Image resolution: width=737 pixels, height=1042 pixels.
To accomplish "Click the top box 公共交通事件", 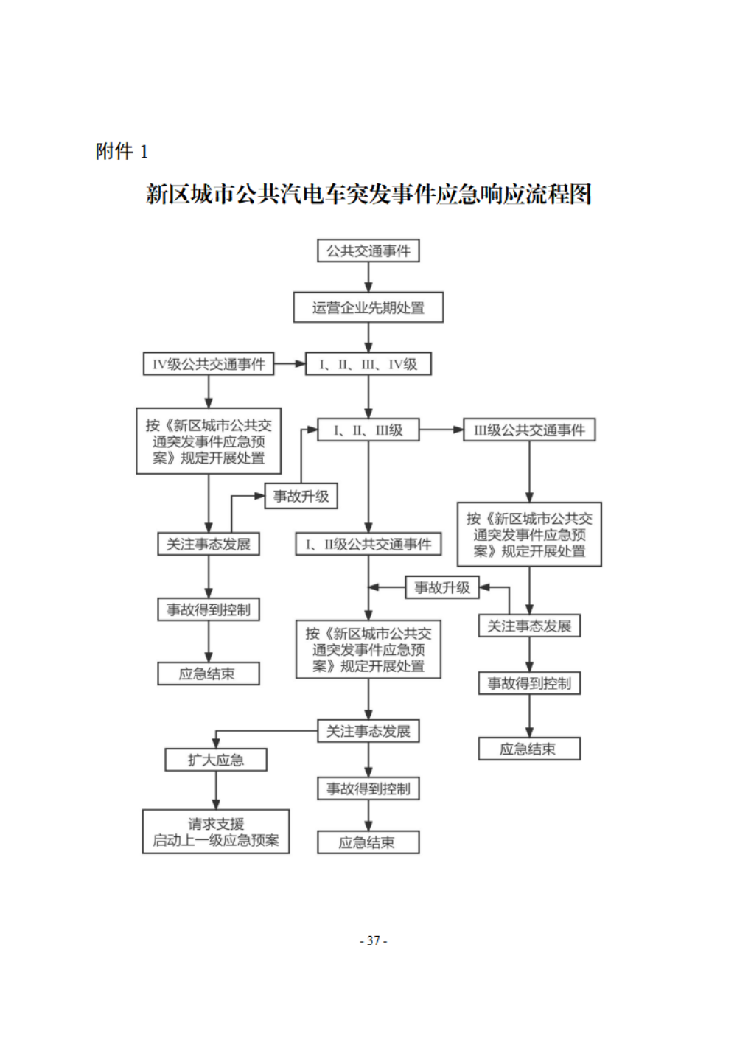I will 368,251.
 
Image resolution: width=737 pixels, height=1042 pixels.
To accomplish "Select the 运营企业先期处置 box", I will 368,307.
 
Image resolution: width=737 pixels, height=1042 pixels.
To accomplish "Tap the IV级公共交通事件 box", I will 209,364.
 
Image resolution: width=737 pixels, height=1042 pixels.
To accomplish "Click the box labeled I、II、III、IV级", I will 368,364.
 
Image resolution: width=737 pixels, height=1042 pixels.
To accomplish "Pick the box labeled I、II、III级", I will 368,430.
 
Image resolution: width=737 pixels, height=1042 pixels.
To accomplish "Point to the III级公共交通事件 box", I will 529,430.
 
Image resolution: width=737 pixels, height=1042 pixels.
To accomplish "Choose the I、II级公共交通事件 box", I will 368,545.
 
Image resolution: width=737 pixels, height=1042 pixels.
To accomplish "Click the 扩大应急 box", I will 216,760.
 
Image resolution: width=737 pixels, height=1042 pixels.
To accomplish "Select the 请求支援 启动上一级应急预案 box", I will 216,832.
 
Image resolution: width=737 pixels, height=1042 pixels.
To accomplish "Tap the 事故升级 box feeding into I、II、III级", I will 301,496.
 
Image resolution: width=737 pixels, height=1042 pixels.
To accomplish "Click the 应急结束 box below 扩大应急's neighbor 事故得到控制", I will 368,842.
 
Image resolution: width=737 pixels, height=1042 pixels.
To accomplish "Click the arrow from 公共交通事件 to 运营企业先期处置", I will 368,277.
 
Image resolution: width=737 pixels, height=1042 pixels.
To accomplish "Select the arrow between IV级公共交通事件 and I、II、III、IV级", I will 290,363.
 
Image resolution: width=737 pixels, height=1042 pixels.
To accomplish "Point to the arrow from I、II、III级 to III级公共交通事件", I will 441,430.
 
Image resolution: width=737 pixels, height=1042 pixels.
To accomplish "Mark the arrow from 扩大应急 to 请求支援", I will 216,791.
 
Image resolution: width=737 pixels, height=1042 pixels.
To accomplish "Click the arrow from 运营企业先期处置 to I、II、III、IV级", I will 368,338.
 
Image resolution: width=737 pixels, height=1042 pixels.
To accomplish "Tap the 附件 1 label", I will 122,152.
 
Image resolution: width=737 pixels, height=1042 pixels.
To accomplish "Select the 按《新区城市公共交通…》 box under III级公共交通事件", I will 529,535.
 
